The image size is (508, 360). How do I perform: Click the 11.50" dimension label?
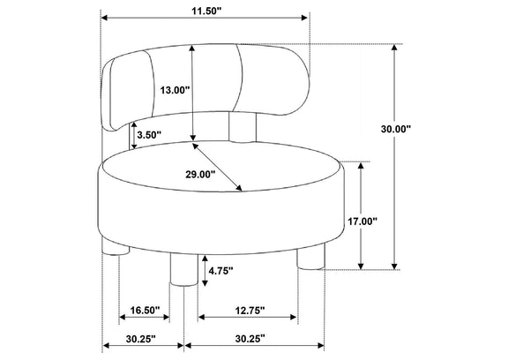tap(206, 11)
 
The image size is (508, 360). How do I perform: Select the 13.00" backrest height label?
tap(175, 90)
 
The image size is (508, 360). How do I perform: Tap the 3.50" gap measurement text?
tap(149, 134)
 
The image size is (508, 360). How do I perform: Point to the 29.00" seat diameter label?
tap(200, 175)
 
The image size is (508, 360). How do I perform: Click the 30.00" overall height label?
tap(396, 129)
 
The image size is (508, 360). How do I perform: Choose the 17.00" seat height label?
tap(362, 221)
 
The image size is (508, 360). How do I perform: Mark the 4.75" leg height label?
tap(221, 271)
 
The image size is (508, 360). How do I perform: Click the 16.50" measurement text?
tap(146, 310)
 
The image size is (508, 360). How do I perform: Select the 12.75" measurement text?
tap(250, 311)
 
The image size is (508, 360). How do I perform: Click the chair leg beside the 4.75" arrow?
tap(183, 270)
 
